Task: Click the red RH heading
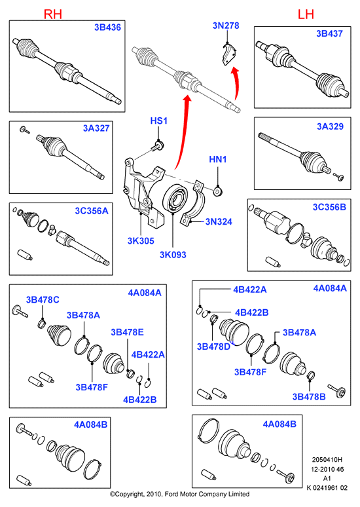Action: [x=52, y=14]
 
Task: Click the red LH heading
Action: [x=306, y=14]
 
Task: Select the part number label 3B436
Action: [x=107, y=27]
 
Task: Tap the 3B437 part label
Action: [x=329, y=33]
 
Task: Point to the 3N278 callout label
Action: [x=226, y=26]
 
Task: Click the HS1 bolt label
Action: [x=158, y=121]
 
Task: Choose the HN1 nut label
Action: [x=218, y=159]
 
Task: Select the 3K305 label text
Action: [x=141, y=241]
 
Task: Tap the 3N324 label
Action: [x=219, y=222]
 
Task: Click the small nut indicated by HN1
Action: [x=219, y=191]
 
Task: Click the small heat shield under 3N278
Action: [x=228, y=55]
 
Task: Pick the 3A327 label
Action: [x=96, y=128]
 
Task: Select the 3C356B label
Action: [x=329, y=207]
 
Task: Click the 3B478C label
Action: [x=43, y=300]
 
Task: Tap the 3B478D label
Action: [x=213, y=347]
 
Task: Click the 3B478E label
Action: [x=128, y=332]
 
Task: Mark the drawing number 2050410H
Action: [x=327, y=459]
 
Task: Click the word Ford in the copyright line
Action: [x=171, y=494]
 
